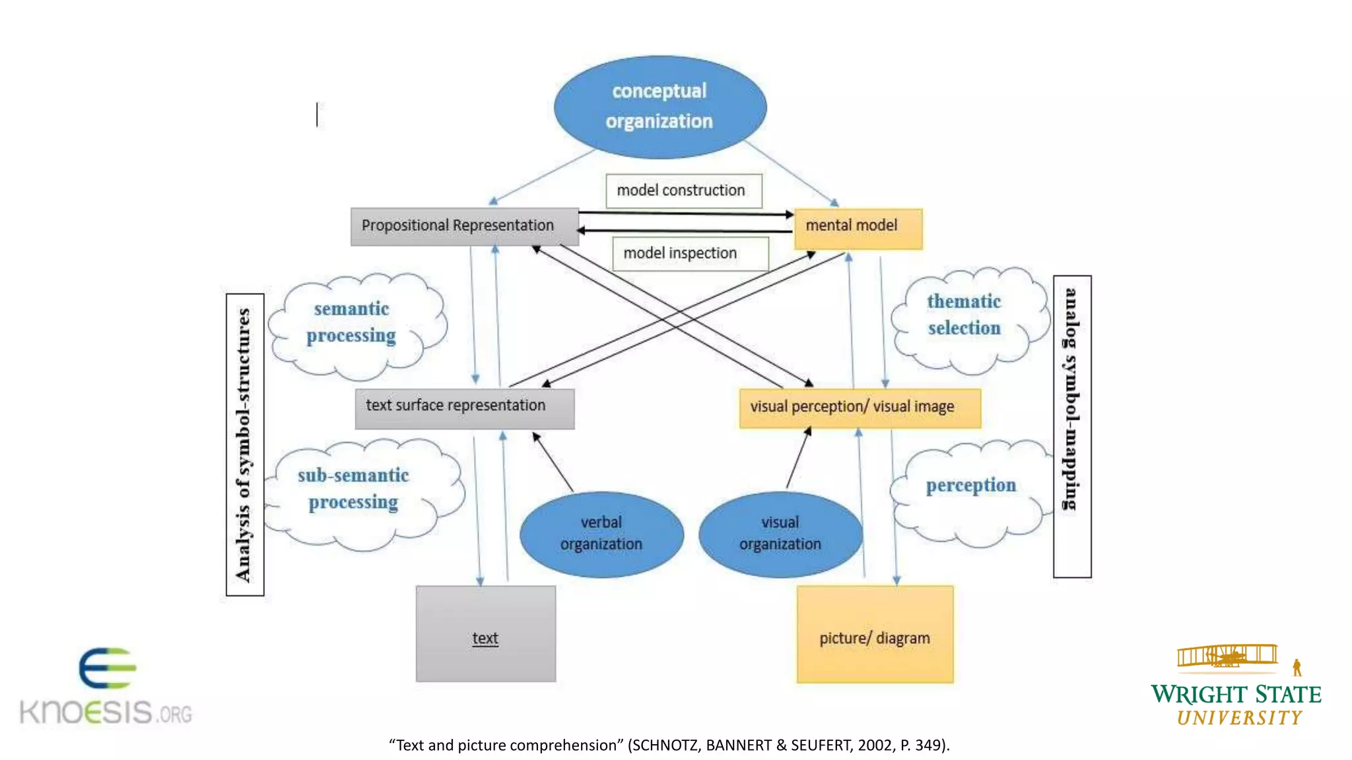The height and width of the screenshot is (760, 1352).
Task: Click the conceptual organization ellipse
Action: tap(659, 107)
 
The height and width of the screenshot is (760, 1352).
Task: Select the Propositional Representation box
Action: tap(464, 226)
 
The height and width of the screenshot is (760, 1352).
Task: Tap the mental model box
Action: tap(858, 228)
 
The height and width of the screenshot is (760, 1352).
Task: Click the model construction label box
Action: tap(683, 191)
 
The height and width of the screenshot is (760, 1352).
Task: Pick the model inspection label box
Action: tap(690, 253)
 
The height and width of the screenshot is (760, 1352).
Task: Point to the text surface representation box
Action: tap(464, 408)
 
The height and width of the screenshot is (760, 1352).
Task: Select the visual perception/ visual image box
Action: tap(860, 408)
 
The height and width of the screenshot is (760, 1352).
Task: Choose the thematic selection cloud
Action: tap(967, 317)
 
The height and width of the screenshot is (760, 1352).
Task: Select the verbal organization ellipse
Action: tap(601, 534)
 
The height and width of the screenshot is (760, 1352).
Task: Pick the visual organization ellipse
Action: tap(780, 534)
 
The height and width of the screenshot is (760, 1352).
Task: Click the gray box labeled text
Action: tap(485, 633)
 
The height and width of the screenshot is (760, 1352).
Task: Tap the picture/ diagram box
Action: tap(875, 633)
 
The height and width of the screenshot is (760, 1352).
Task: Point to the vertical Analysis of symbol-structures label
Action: tap(245, 444)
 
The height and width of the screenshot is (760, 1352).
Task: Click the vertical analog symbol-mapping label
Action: tap(1071, 426)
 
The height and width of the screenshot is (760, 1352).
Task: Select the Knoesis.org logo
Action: tap(106, 687)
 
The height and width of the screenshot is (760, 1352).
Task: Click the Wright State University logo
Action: tap(1236, 686)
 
